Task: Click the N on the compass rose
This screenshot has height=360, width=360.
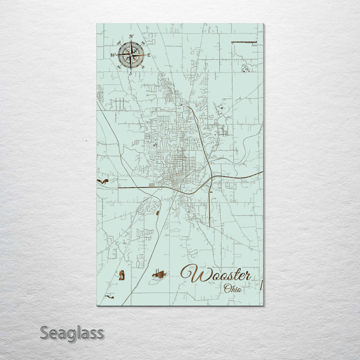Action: [x=131, y=36]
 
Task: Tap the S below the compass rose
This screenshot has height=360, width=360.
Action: [x=130, y=73]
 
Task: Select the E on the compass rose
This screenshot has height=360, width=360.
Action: [x=148, y=55]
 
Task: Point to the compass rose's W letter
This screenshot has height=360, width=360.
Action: [x=112, y=55]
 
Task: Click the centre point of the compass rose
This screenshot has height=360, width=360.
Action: [x=131, y=54]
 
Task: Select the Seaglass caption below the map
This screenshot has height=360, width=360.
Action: [x=72, y=332]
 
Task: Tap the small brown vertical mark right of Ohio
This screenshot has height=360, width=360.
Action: [x=261, y=285]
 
